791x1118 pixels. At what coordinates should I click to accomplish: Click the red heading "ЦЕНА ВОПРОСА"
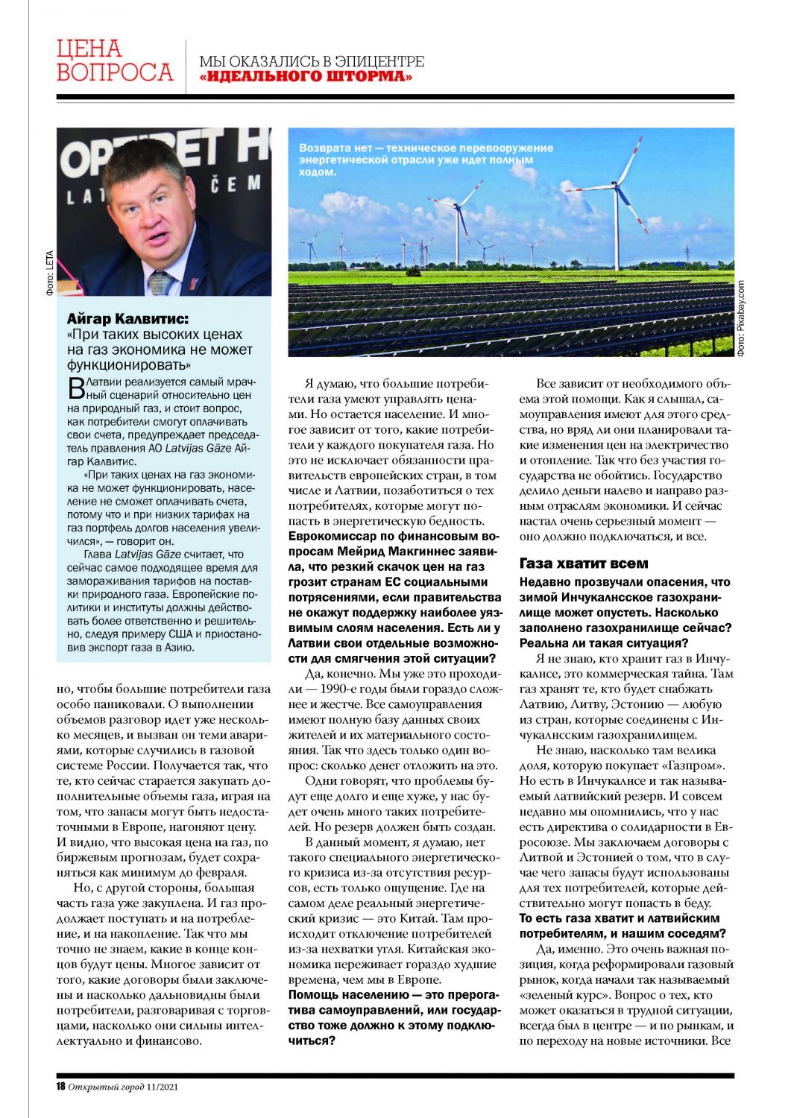coord(114,60)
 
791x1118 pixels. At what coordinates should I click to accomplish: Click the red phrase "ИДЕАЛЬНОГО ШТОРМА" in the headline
coord(306,77)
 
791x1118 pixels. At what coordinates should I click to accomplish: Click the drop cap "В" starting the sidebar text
coord(75,387)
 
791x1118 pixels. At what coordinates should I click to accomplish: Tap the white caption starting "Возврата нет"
coord(425,159)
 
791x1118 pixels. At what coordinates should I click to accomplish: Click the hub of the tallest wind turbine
coord(616,186)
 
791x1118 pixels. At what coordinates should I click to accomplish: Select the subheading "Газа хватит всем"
coord(584,563)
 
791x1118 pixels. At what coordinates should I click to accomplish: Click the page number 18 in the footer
coord(61,1086)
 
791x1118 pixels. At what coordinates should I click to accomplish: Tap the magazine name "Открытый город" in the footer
coord(106,1086)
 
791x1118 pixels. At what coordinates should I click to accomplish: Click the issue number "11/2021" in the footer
coord(163,1086)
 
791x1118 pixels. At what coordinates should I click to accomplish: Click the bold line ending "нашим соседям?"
coord(623,933)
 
